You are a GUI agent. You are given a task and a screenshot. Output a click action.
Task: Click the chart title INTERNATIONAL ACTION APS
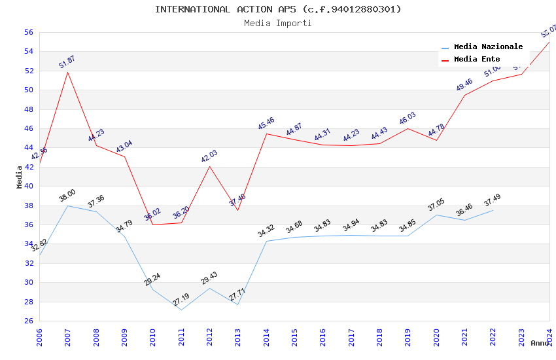pyautogui.click(x=278, y=9)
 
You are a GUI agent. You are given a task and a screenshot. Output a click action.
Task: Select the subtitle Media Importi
pyautogui.click(x=278, y=23)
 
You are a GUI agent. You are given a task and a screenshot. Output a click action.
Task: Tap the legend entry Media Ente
pyautogui.click(x=477, y=60)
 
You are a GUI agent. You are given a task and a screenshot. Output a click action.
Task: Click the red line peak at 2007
pyautogui.click(x=68, y=71)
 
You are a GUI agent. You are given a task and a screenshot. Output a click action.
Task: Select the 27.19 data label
pyautogui.click(x=181, y=300)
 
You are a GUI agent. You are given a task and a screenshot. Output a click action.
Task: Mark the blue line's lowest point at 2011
pyautogui.click(x=181, y=310)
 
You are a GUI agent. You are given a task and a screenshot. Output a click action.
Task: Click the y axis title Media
pyautogui.click(x=20, y=177)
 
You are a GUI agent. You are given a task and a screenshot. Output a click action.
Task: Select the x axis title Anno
pyautogui.click(x=540, y=343)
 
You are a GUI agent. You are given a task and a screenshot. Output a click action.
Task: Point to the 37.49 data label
pyautogui.click(x=492, y=200)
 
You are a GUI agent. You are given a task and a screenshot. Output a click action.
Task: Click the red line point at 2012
pyautogui.click(x=209, y=166)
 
